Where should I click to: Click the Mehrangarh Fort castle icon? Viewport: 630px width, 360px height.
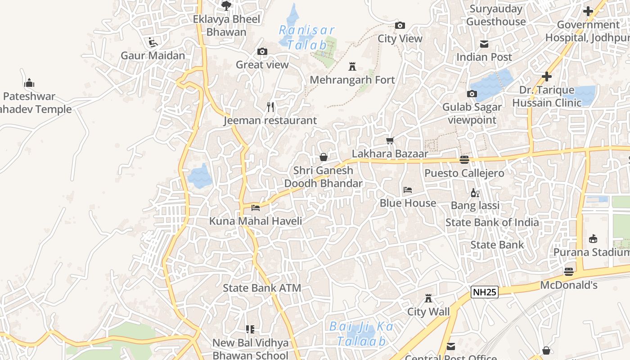[x=352, y=67]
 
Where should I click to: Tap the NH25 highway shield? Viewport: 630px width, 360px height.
[x=485, y=292]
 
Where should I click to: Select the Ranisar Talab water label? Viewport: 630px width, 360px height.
[x=307, y=37]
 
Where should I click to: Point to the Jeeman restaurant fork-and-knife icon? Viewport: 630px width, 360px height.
[x=270, y=107]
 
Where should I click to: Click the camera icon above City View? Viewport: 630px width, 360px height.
[x=400, y=26]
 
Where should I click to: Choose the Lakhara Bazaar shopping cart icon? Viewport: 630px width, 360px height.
[x=390, y=141]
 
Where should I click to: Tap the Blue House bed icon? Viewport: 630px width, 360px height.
[x=408, y=190]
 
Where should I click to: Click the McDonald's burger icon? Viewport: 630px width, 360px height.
[x=569, y=272]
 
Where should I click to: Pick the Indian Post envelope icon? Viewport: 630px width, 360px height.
[x=484, y=44]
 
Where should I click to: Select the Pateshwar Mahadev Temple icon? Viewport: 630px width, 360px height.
[x=29, y=83]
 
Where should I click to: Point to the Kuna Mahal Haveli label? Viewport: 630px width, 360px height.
[x=256, y=221]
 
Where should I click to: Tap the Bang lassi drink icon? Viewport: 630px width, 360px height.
[x=475, y=193]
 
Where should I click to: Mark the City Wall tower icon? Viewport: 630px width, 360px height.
[x=428, y=298]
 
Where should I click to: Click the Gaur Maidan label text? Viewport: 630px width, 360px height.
[x=153, y=56]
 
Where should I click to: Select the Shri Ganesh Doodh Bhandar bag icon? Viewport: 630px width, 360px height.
[x=323, y=157]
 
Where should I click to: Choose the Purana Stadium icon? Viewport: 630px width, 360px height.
[x=593, y=239]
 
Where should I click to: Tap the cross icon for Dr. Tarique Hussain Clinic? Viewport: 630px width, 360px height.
[x=547, y=77]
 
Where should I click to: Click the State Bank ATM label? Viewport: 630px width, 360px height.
[x=262, y=288]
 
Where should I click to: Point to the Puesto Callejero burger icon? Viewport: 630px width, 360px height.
[x=464, y=160]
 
